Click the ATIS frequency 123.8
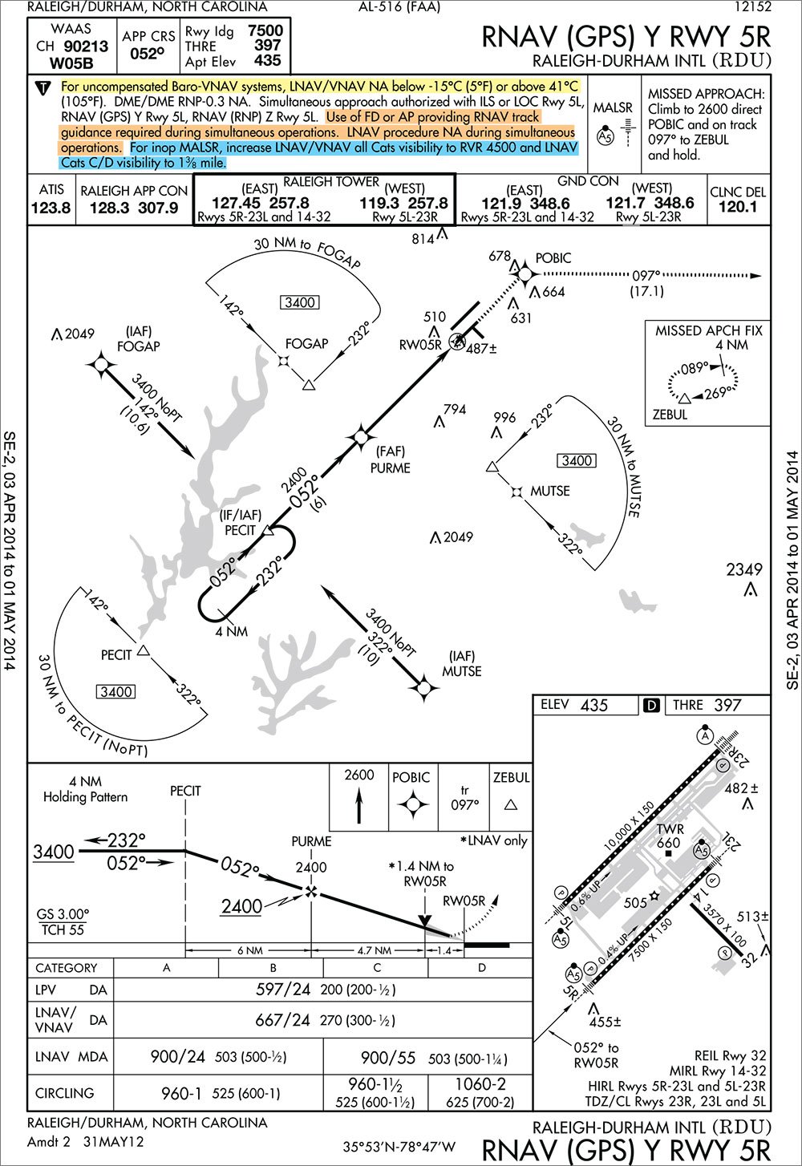(x=51, y=208)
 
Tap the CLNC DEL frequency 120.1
(x=738, y=207)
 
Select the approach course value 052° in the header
(x=147, y=55)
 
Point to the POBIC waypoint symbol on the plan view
(x=525, y=274)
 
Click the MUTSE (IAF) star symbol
(x=424, y=687)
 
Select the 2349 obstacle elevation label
(x=743, y=569)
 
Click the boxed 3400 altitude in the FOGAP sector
(x=299, y=302)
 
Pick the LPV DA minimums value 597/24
(x=282, y=990)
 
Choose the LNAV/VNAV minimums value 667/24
(x=282, y=1020)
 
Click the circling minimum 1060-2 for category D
(x=480, y=1084)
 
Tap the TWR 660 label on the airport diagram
(x=669, y=836)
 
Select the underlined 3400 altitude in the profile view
(x=54, y=852)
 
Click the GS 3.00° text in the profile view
(x=63, y=914)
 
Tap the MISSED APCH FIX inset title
(x=708, y=330)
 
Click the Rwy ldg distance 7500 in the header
(x=265, y=30)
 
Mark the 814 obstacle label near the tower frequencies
(x=423, y=238)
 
